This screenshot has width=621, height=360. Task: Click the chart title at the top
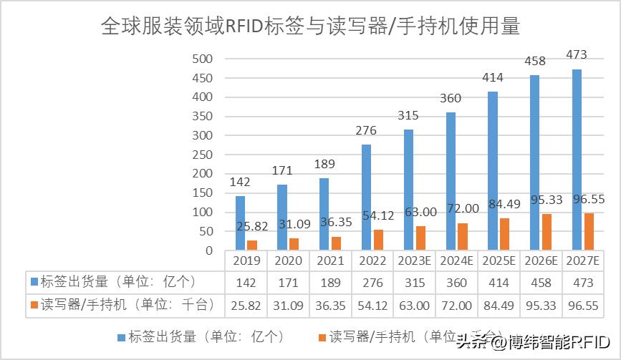click(x=310, y=26)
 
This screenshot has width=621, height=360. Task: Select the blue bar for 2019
click(x=240, y=223)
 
